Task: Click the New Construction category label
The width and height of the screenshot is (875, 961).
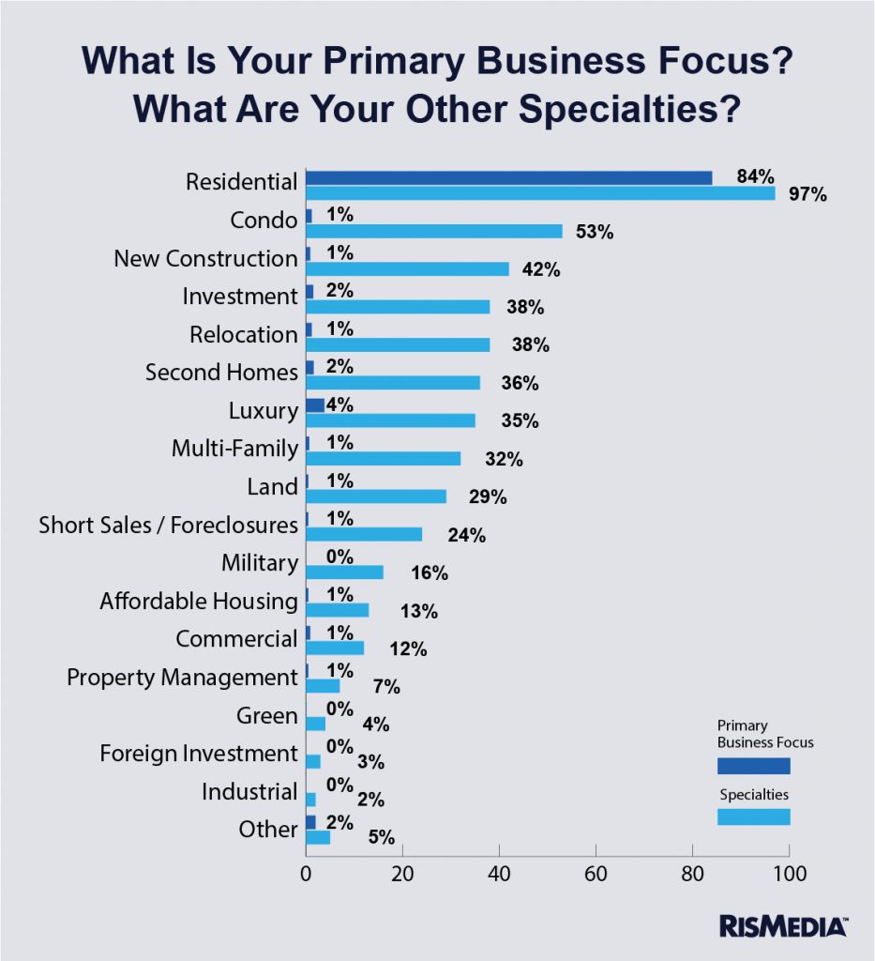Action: click(205, 258)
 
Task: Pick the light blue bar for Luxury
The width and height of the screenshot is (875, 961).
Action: click(390, 419)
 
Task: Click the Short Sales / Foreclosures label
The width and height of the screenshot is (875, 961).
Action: click(168, 525)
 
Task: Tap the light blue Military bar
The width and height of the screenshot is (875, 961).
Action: click(344, 572)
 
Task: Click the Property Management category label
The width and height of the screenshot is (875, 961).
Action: click(182, 677)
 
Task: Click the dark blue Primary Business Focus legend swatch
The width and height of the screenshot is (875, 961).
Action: click(753, 766)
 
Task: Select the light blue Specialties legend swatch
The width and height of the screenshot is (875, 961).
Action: click(753, 816)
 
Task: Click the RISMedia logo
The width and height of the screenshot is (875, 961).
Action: click(784, 926)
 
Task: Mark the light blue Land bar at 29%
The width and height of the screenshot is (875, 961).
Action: click(376, 496)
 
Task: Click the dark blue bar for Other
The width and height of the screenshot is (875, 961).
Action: click(310, 822)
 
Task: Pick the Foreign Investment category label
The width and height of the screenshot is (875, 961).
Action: click(198, 753)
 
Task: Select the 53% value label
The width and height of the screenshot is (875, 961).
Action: click(594, 232)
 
